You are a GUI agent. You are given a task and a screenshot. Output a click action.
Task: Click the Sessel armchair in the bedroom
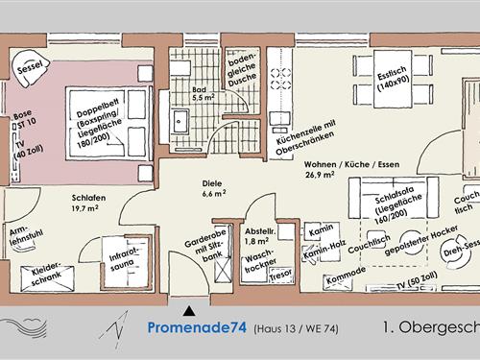click(30, 68)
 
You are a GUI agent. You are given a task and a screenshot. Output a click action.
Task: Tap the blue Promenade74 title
click(197, 327)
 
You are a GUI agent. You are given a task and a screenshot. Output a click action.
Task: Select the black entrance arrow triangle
click(189, 311)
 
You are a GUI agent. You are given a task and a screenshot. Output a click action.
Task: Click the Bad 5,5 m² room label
click(203, 94)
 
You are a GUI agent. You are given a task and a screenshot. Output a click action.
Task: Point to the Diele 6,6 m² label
click(214, 188)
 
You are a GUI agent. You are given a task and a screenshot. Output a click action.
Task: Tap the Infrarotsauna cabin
click(126, 262)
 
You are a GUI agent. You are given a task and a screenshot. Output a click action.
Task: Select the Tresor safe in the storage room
click(281, 275)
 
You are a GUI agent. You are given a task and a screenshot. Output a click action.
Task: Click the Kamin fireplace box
click(322, 230)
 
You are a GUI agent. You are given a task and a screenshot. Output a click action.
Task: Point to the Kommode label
click(346, 275)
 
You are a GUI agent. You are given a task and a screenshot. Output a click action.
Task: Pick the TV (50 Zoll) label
click(417, 280)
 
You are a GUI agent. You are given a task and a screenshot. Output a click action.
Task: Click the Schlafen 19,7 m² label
click(88, 203)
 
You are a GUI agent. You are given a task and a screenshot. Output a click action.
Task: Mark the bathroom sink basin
click(180, 121)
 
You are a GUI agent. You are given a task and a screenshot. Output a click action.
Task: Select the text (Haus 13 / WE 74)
click(296, 328)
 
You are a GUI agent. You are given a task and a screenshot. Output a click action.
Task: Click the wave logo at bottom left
click(25, 327)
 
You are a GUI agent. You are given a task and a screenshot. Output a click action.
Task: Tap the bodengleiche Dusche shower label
click(242, 70)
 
